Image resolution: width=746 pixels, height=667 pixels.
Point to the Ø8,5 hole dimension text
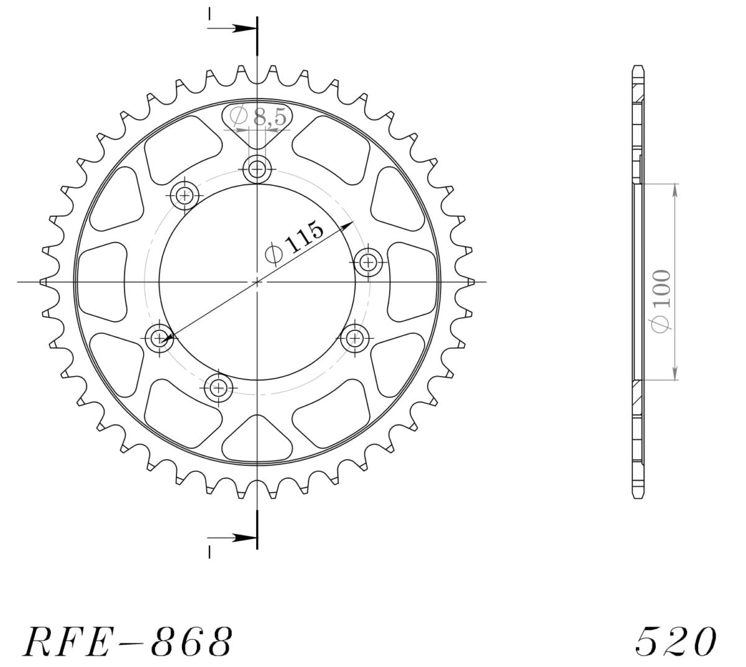pos(259,117)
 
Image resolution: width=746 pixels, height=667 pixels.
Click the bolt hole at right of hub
pos(369,262)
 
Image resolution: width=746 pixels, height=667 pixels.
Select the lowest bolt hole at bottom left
pos(218,389)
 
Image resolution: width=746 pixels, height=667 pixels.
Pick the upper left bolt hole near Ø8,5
pos(185,196)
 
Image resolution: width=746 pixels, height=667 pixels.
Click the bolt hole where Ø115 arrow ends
pos(160,338)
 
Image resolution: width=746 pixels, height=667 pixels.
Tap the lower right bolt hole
pos(354,338)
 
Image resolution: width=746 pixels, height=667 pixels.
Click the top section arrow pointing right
pos(233,29)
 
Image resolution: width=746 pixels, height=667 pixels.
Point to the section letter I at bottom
pos(210,552)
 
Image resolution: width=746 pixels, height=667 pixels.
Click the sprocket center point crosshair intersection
pos(257,282)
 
